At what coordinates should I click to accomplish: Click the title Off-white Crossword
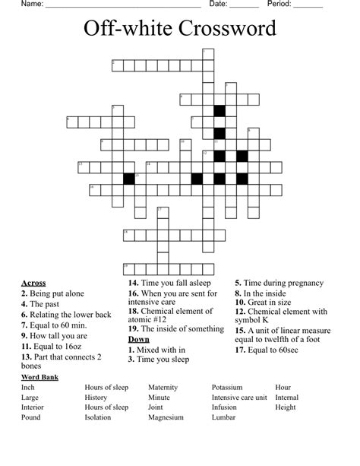tap(180, 30)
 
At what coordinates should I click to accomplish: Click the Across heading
tap(33, 283)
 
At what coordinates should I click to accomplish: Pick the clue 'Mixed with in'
tap(161, 350)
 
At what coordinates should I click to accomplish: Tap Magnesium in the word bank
tap(166, 417)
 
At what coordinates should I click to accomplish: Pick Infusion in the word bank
tap(224, 407)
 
